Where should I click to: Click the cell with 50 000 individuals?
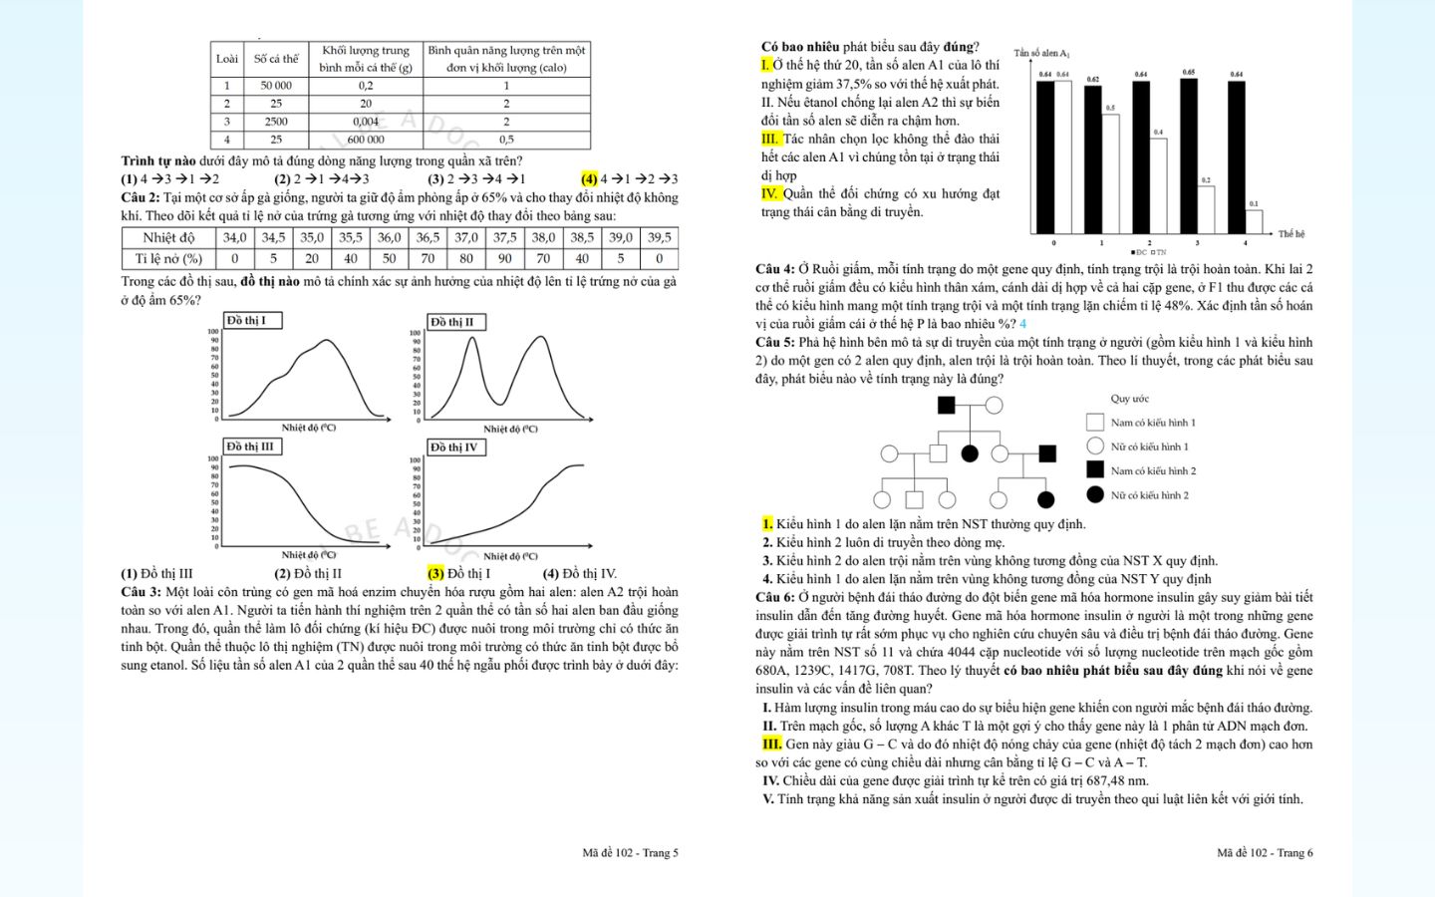click(276, 86)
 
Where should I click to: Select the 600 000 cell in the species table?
click(366, 140)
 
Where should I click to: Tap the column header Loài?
click(227, 59)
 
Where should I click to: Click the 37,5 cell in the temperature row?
click(504, 237)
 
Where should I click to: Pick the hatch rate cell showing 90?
click(504, 258)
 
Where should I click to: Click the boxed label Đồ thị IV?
click(454, 447)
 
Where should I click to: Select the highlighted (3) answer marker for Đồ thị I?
click(435, 573)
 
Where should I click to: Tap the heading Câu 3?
click(141, 592)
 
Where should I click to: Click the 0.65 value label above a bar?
click(1189, 72)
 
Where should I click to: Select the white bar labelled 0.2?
click(1206, 209)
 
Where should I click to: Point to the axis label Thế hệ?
click(1291, 234)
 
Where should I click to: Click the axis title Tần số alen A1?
click(1041, 53)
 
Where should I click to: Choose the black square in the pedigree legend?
click(1095, 470)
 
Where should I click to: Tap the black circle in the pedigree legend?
click(1095, 494)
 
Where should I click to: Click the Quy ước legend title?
click(1129, 399)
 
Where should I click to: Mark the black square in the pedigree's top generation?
click(947, 405)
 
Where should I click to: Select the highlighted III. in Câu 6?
click(771, 744)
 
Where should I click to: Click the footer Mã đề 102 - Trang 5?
click(630, 852)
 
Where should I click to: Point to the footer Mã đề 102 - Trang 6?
click(1265, 852)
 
